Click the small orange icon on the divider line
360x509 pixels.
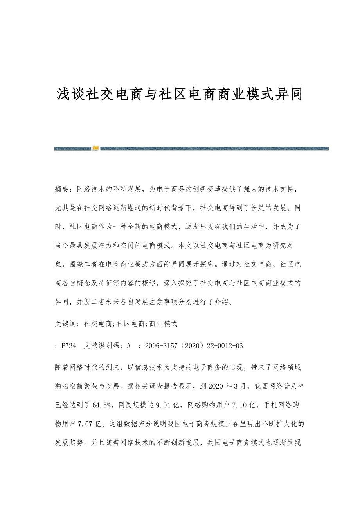95,148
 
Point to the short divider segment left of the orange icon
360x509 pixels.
73,149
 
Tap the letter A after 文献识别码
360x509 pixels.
129,346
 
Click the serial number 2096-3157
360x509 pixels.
161,346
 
